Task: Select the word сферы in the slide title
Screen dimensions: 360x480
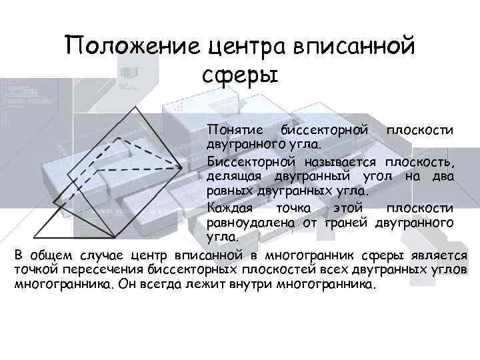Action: click(x=239, y=75)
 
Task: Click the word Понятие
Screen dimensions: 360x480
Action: click(x=234, y=129)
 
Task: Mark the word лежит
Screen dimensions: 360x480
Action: click(x=201, y=284)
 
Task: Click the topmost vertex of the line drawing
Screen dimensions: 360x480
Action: click(x=135, y=107)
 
